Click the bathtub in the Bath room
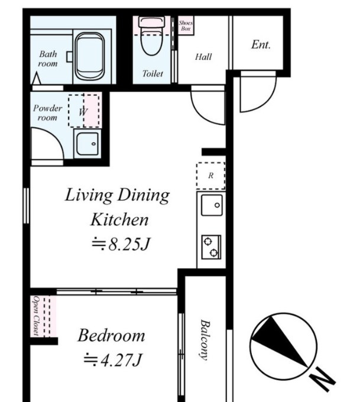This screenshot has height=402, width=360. coord(90,56)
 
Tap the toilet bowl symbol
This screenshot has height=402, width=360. coord(151,36)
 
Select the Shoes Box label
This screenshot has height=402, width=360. coord(186,25)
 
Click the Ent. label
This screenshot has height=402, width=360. coord(261,44)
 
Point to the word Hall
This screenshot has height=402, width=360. coord(203,57)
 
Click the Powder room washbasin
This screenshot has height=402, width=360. coord(87,144)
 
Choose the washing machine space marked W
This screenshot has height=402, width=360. coord(84,111)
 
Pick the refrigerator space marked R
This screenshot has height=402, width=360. coord(211,176)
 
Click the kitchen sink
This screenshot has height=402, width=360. coord(212,205)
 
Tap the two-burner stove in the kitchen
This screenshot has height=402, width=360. coord(211,247)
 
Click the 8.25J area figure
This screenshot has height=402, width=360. coord(121,244)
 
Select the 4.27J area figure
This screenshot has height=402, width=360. coord(112,360)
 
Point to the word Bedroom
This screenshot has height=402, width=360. coord(111,335)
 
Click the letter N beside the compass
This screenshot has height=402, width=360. coord(322,380)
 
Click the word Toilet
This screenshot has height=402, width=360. coord(153,74)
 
